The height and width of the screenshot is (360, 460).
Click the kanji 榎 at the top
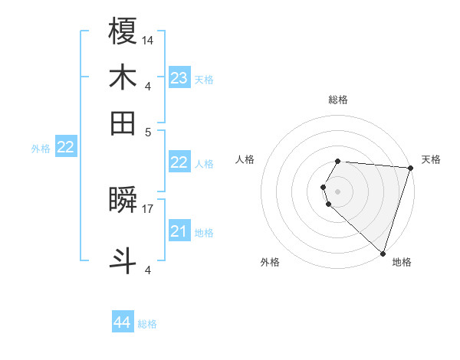(x=123, y=32)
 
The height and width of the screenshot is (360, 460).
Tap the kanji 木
(x=123, y=77)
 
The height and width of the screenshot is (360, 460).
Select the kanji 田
(x=123, y=122)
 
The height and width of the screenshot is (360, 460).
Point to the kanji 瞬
(x=123, y=201)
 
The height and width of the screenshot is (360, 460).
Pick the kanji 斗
(x=123, y=260)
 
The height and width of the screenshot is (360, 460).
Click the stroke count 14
(x=148, y=40)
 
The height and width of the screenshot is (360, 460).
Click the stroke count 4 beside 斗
(x=148, y=270)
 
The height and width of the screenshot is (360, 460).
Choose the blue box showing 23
(x=179, y=78)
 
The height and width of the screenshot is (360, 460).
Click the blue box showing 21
(x=179, y=231)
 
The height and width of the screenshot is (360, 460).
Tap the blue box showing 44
(x=122, y=323)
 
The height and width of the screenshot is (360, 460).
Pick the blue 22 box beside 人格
(x=179, y=162)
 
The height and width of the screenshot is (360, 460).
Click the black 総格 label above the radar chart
(x=338, y=100)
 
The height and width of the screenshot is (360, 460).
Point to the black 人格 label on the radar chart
(x=245, y=159)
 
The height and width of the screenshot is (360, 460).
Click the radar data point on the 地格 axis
(x=382, y=253)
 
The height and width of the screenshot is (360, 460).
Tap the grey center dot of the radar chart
(x=338, y=191)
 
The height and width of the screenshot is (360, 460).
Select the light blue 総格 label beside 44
(x=147, y=324)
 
